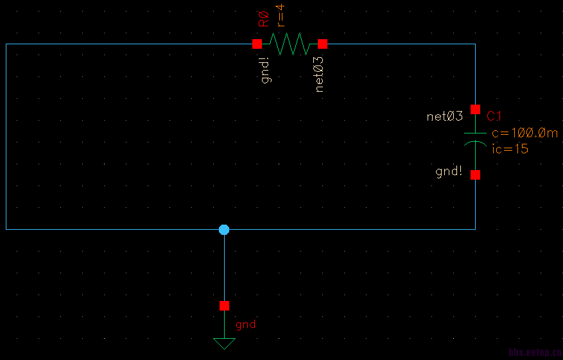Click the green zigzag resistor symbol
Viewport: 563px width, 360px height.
[290, 44]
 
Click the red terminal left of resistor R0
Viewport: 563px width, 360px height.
[257, 44]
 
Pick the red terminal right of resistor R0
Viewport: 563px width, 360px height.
[322, 44]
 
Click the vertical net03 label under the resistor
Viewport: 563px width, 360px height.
[319, 74]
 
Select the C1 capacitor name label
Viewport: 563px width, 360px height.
[494, 116]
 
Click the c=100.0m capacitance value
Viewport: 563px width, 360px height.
[524, 133]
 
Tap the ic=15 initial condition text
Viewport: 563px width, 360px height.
[510, 149]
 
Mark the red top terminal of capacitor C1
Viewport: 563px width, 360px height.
[475, 109]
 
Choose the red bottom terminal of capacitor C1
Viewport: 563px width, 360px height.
[475, 175]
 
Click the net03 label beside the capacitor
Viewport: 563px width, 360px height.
[445, 116]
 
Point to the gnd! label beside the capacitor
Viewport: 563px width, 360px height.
[449, 171]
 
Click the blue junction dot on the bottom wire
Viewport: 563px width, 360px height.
[223, 229]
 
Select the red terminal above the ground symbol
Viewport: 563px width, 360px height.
[224, 305]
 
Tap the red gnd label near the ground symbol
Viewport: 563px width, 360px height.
[245, 324]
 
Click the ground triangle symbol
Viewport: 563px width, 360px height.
[224, 343]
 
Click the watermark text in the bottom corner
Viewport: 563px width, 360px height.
[535, 352]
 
